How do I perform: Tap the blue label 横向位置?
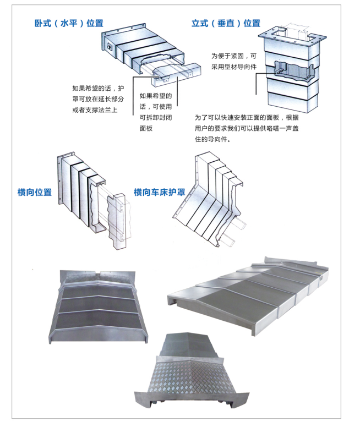tap(35, 192)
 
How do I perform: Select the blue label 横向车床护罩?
tap(159, 192)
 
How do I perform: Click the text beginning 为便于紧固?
tap(234, 61)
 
